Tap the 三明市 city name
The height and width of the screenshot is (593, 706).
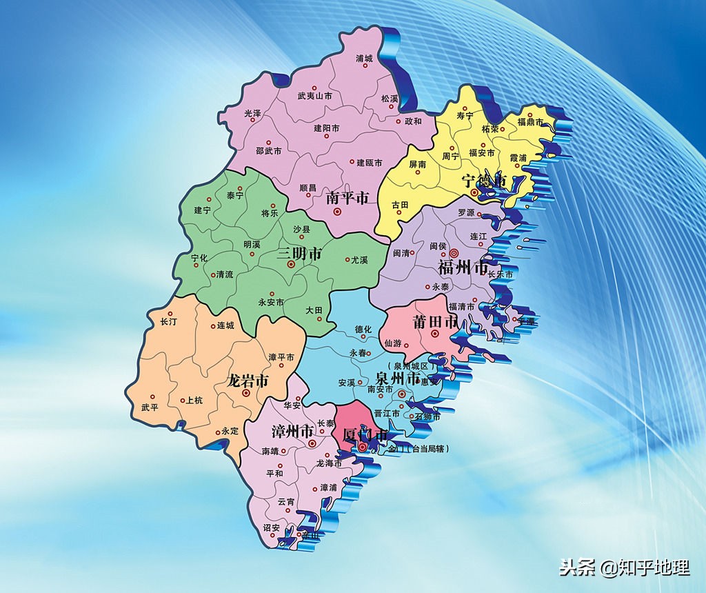tap(300, 254)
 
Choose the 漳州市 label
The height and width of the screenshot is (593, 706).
tap(290, 432)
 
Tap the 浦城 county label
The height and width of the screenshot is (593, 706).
tap(363, 59)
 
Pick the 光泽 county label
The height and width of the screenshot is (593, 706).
tap(253, 112)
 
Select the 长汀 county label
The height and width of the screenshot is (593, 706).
tap(169, 321)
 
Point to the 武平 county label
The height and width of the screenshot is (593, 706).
tap(150, 407)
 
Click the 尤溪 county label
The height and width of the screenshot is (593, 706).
tap(359, 260)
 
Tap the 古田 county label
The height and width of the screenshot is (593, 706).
tap(400, 205)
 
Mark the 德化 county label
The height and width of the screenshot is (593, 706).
tap(363, 329)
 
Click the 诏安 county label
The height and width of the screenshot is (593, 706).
tap(271, 527)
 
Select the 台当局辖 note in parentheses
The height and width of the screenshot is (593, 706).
tap(428, 449)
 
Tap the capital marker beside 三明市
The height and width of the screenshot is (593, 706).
tap(291, 264)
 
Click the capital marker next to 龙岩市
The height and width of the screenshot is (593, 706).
tap(245, 392)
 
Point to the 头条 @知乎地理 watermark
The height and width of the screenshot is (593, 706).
tap(625, 567)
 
